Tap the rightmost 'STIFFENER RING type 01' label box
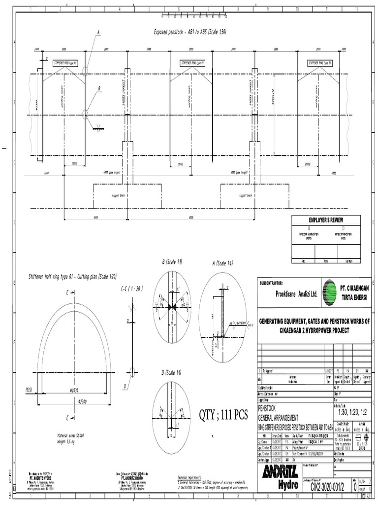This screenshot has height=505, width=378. click(320, 63)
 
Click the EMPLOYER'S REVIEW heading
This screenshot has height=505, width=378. click(325, 219)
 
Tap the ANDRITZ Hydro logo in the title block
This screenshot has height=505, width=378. click(283, 474)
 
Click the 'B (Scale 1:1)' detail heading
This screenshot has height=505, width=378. click(172, 261)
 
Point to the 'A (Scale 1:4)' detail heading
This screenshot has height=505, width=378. click(222, 263)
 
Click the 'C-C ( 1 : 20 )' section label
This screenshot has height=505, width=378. click(132, 289)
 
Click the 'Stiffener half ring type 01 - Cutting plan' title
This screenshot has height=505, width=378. click(72, 277)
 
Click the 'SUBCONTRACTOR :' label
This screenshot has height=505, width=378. click(271, 283)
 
